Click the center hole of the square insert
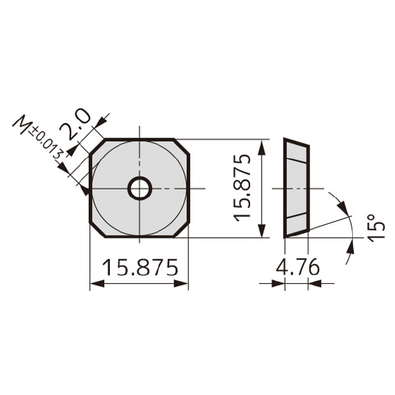coord(140,189)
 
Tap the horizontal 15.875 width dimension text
coord(140,268)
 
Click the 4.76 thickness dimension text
coord(298,268)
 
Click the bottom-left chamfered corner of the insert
coord(97,231)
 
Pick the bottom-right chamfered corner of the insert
coord(182,231)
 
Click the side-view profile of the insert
coord(296,188)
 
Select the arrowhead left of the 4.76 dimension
coord(279,284)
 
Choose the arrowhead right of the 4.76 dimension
coord(313,284)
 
